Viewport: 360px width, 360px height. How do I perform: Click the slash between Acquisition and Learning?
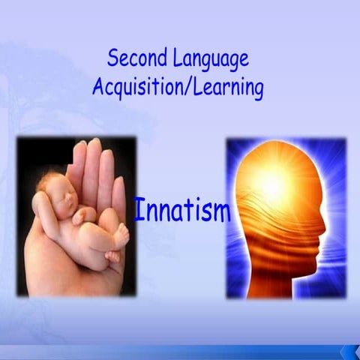(181, 88)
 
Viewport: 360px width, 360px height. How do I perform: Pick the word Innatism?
(181, 210)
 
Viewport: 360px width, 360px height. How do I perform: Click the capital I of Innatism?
(137, 209)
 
